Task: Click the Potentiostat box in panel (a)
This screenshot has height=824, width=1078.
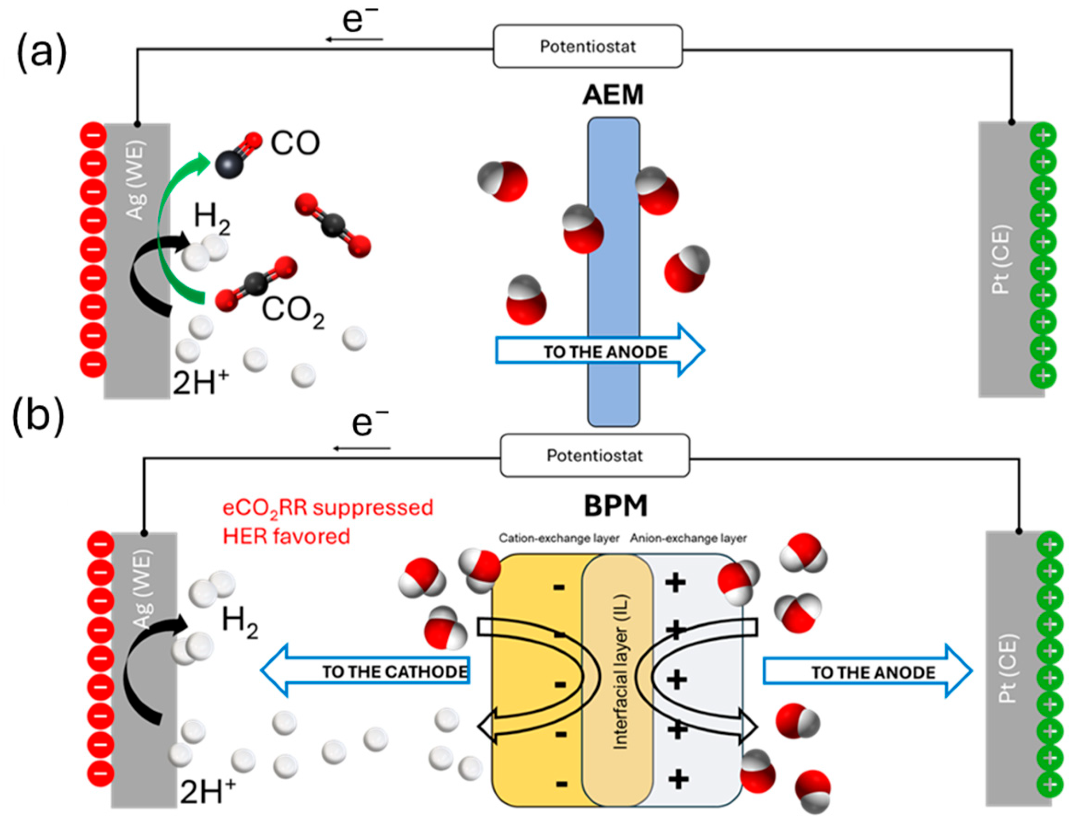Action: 587,46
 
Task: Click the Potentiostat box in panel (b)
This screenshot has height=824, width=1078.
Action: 594,456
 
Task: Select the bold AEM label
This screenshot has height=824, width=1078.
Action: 613,95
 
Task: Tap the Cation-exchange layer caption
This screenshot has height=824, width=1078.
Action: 559,539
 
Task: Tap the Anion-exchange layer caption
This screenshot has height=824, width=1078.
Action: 688,539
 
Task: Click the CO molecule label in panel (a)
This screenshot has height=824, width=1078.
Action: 295,143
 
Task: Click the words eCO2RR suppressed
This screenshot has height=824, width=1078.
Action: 328,508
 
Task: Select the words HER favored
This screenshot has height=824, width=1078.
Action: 286,536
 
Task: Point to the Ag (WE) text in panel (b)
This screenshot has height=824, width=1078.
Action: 144,588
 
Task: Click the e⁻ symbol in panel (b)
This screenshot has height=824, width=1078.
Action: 369,423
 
